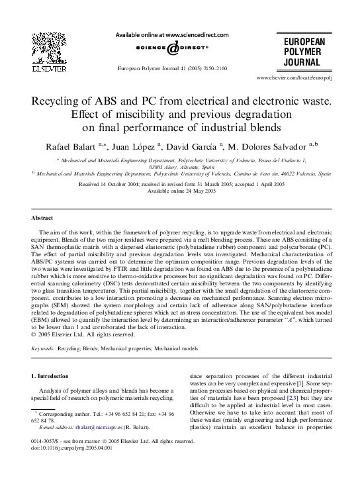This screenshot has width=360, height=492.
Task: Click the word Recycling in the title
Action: [57, 103]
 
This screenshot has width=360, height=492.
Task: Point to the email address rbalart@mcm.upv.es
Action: [97, 446]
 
